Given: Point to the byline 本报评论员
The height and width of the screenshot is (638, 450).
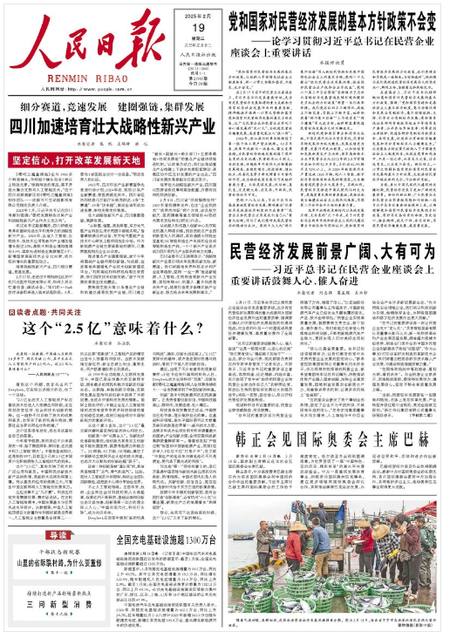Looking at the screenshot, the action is coord(335,62).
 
